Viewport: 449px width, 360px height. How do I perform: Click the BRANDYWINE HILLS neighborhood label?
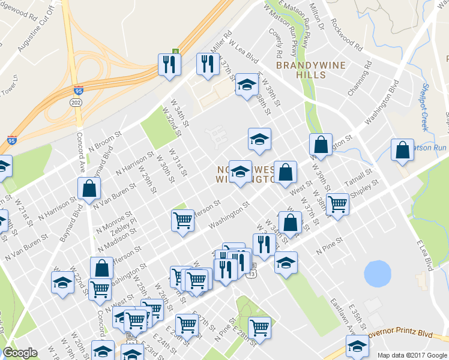tap(301, 69)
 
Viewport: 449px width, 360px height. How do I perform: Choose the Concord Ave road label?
tap(77, 152)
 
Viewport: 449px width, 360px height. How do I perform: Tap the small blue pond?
tap(377, 273)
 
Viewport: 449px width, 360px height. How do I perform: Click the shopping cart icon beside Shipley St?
tap(338, 203)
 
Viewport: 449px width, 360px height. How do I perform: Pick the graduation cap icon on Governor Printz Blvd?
tap(358, 346)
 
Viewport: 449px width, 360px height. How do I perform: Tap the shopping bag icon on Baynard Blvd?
tap(89, 188)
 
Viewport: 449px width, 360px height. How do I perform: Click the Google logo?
tap(20, 353)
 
